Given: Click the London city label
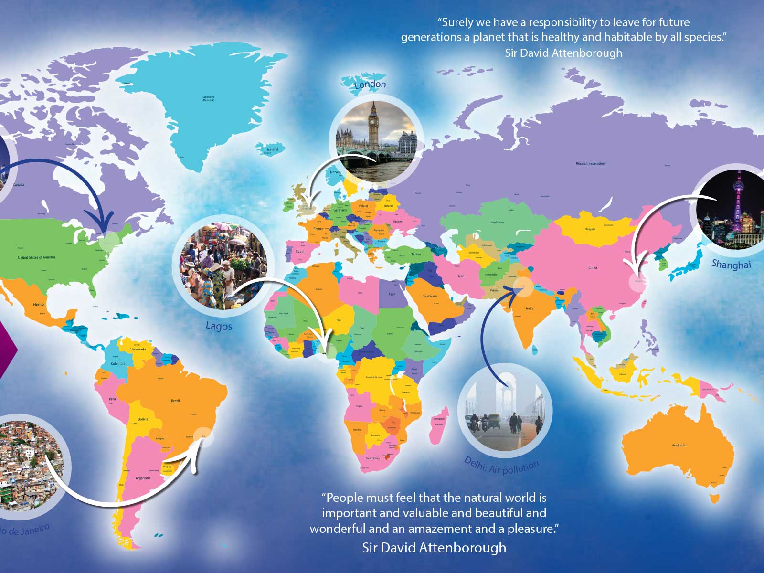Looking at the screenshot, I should pyautogui.click(x=370, y=85).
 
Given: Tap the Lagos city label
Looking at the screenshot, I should pyautogui.click(x=219, y=326).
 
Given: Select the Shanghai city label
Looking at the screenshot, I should pyautogui.click(x=731, y=264).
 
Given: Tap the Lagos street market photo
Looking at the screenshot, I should pyautogui.click(x=223, y=266).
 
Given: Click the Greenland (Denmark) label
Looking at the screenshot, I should pyautogui.click(x=209, y=98).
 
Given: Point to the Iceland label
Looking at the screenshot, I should pyautogui.click(x=272, y=149).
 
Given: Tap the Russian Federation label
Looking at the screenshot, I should pyautogui.click(x=590, y=163).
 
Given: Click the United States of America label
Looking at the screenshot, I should pyautogui.click(x=36, y=257).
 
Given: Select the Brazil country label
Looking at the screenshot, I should pyautogui.click(x=175, y=401).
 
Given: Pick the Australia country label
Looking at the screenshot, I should pyautogui.click(x=679, y=445).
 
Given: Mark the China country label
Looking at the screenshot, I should pyautogui.click(x=593, y=267).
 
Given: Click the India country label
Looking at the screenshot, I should pyautogui.click(x=530, y=308).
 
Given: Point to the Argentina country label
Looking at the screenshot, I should pyautogui.click(x=143, y=478).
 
